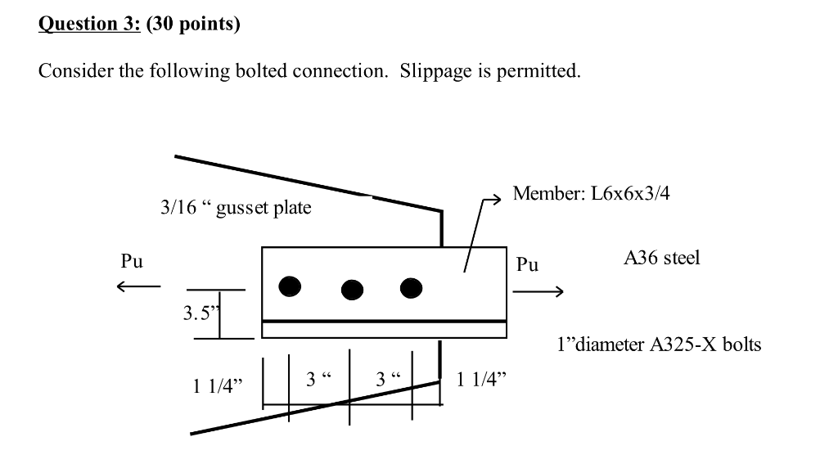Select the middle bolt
[352, 289]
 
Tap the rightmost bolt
[411, 286]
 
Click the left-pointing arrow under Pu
[137, 286]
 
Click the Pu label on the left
[131, 262]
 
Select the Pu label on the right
[528, 265]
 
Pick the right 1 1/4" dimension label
[482, 379]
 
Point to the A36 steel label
[661, 259]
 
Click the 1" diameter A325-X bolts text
[658, 345]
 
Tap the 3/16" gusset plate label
[236, 208]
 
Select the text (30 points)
[193, 24]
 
